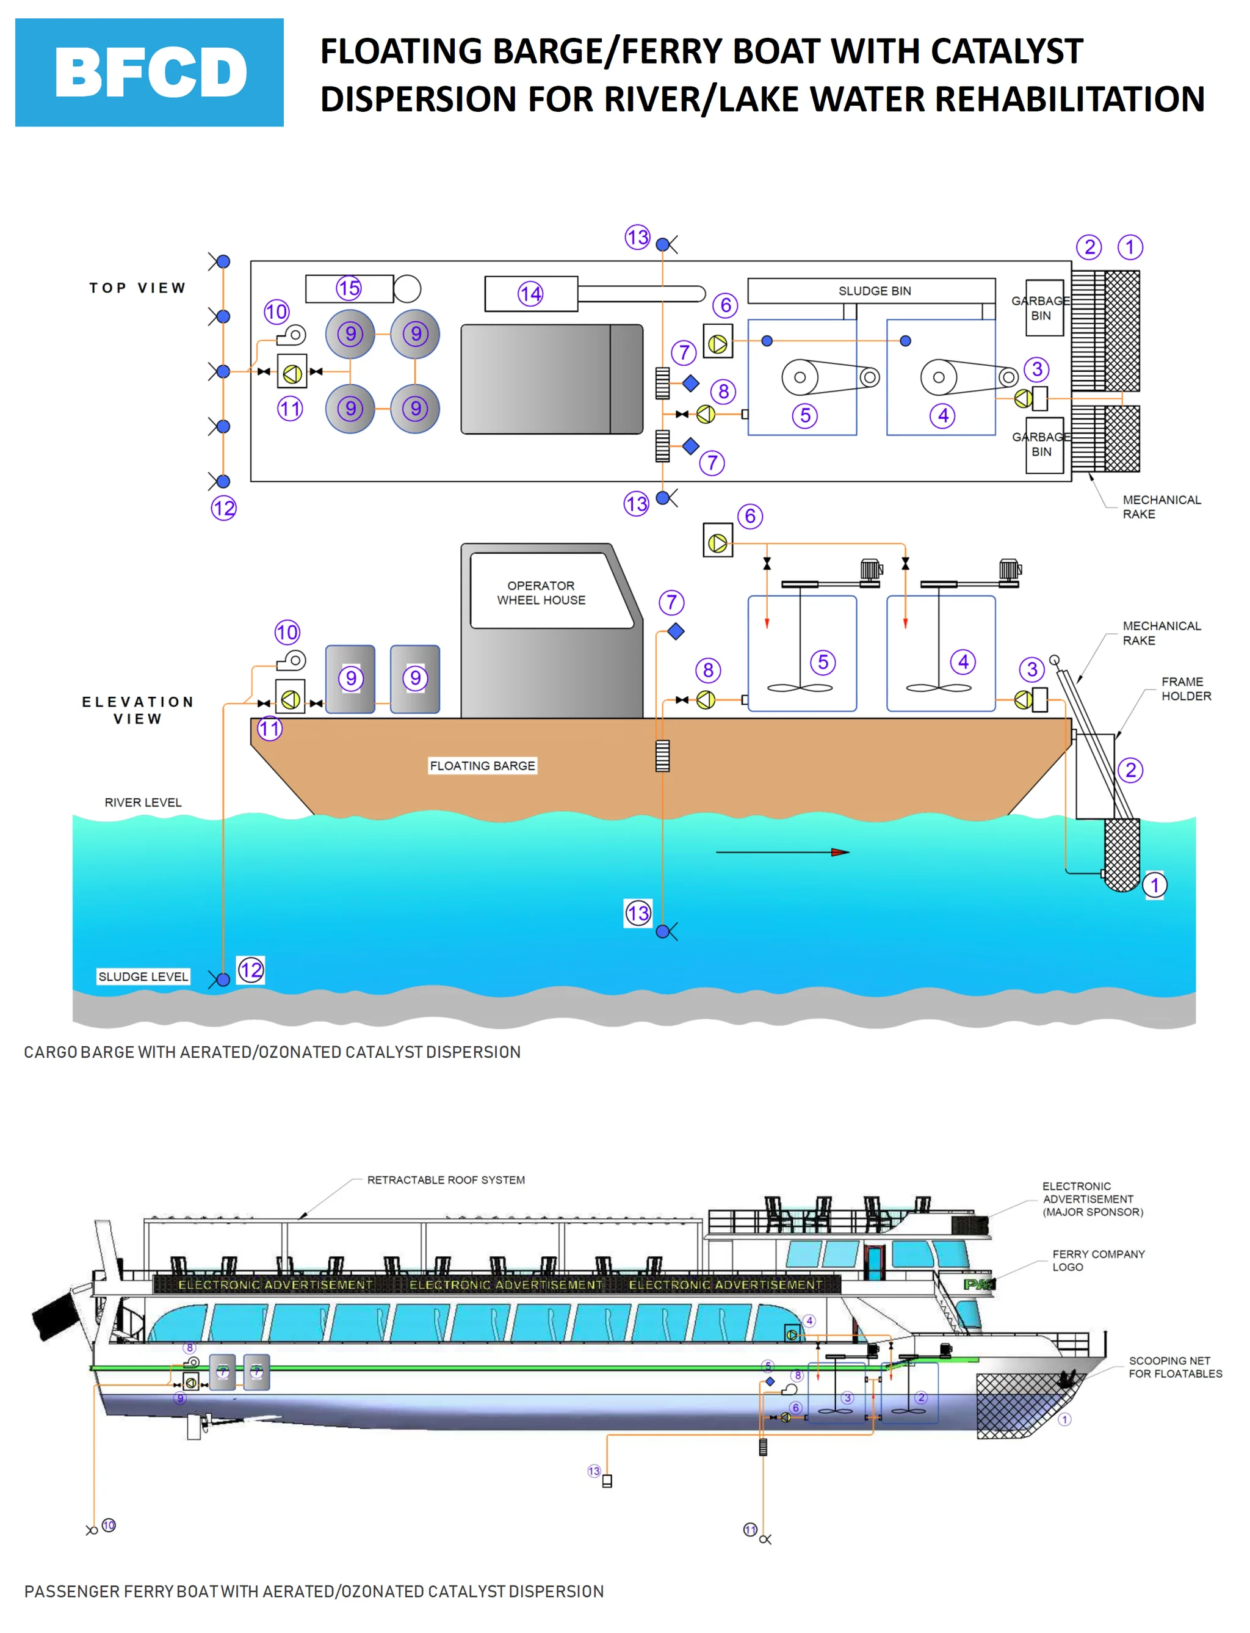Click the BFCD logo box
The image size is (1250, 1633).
tap(149, 72)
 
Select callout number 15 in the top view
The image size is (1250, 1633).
tap(349, 288)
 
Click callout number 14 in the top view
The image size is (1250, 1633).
tap(530, 294)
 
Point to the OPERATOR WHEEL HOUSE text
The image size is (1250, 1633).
tap(541, 592)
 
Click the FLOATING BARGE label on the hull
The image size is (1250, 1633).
tap(482, 765)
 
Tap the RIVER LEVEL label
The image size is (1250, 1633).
tap(143, 802)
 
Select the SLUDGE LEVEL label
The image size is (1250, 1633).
tap(143, 977)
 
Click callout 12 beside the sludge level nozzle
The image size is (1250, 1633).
tap(251, 970)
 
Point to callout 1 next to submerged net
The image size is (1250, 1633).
tap(1154, 885)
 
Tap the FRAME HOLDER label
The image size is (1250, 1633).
tap(1186, 688)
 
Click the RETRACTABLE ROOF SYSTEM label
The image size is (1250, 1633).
tap(446, 1180)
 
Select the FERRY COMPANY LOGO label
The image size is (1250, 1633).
tap(1097, 1260)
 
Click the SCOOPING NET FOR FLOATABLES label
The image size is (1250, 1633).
tap(1175, 1367)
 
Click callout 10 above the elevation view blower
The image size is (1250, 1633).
tap(287, 633)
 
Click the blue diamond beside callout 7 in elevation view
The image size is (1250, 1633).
tap(676, 631)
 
